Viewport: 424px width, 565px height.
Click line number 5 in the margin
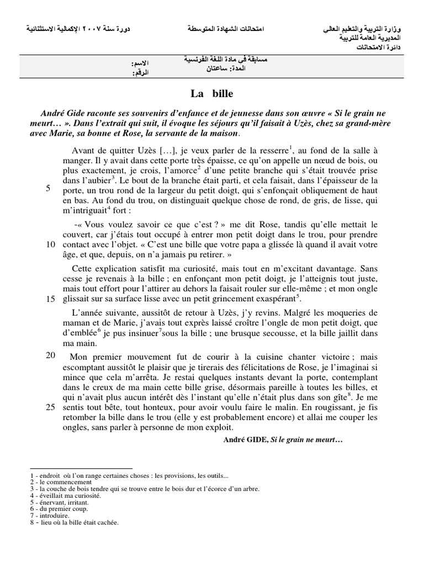(49, 188)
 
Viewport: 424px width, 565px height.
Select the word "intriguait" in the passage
(93, 211)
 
